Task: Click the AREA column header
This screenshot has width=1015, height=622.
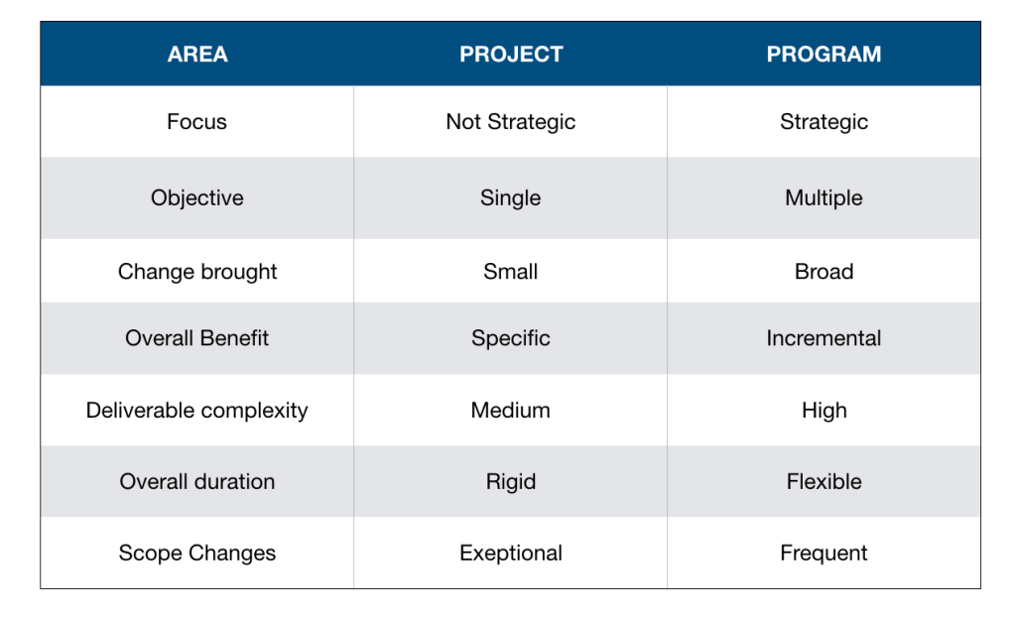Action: point(197,55)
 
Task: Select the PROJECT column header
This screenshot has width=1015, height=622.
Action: point(511,55)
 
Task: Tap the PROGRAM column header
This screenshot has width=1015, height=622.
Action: point(824,55)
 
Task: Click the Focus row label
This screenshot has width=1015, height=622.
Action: point(196,122)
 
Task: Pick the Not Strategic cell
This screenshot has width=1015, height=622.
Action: point(511,122)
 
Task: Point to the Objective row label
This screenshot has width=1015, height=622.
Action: point(197,198)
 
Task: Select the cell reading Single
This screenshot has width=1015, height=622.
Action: point(511,198)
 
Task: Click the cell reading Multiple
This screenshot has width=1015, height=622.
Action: point(824,198)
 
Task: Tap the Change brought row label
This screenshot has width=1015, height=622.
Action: point(197,272)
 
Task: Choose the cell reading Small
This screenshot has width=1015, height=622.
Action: point(511,272)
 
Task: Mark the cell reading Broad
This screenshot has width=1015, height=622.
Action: point(824,272)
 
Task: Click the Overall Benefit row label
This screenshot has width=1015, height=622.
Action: point(196,338)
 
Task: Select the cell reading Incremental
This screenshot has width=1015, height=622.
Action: point(824,338)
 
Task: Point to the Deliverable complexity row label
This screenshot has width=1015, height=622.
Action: point(196,411)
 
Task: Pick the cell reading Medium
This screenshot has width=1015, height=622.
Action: point(511,411)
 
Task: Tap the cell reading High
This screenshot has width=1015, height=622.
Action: point(824,411)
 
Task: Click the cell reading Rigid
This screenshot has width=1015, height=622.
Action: point(511,482)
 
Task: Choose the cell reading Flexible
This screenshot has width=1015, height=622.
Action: point(824,481)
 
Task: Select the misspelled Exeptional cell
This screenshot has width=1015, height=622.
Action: point(511,554)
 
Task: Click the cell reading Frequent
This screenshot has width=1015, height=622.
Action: point(824,554)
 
